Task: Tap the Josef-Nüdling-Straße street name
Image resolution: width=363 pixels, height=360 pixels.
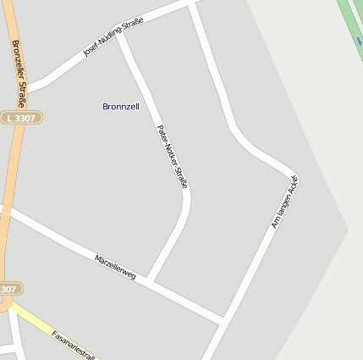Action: [x=113, y=37]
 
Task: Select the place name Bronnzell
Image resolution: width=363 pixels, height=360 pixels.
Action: [x=120, y=107]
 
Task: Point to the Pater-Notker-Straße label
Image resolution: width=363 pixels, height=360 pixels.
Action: [x=171, y=156]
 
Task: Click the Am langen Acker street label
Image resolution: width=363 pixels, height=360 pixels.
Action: [x=285, y=202]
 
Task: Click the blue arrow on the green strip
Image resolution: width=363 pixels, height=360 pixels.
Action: [x=360, y=40]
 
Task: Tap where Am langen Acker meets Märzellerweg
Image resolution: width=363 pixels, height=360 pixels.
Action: [x=223, y=320]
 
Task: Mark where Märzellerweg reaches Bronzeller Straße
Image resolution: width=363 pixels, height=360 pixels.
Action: [x=7, y=209]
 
